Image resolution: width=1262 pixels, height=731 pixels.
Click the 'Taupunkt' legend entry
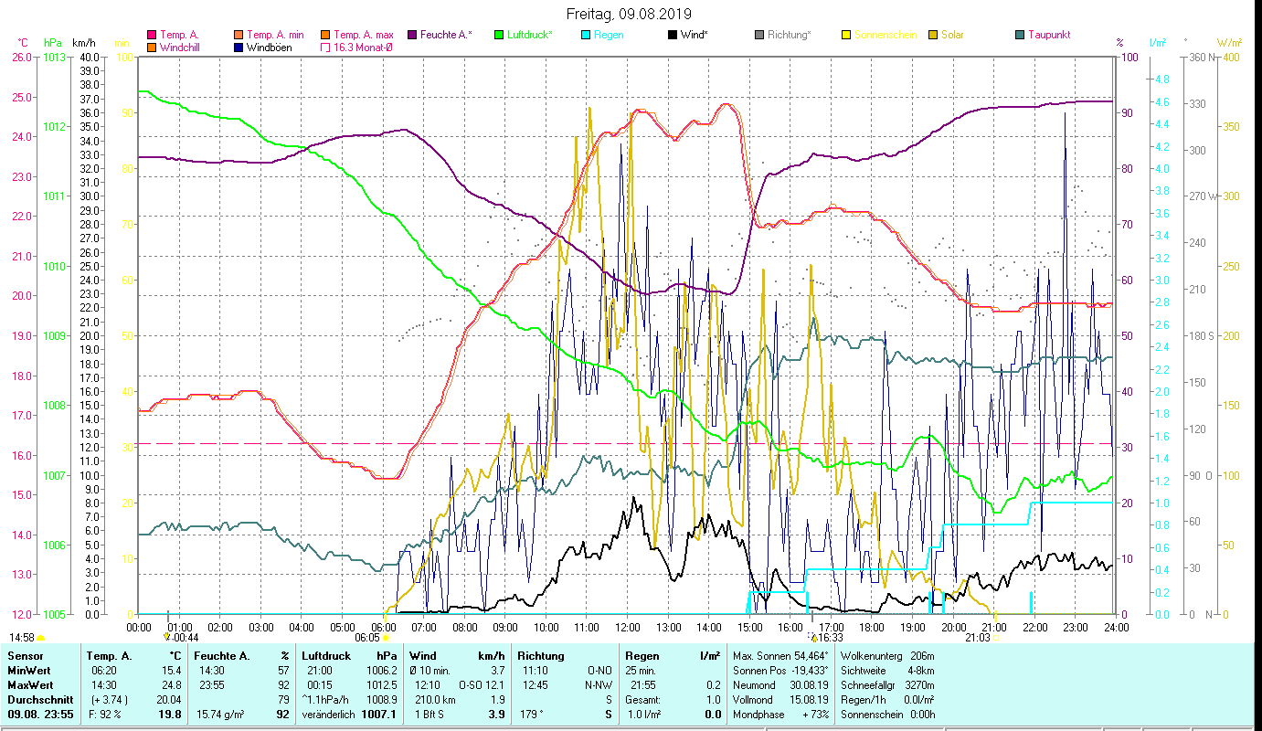(1048, 35)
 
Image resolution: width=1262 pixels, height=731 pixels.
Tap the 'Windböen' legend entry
(262, 48)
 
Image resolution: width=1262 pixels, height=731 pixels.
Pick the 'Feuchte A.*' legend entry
(444, 35)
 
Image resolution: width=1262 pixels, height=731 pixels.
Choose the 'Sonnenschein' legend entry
(890, 35)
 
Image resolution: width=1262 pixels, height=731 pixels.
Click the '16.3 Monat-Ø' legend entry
(364, 48)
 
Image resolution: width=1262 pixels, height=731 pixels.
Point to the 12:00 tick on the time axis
(628, 628)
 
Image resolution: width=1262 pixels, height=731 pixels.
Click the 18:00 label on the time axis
(872, 628)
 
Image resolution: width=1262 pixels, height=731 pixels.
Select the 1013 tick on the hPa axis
(54, 57)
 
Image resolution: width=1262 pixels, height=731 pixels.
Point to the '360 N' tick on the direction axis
(1204, 57)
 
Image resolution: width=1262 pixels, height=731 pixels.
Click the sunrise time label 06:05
(367, 638)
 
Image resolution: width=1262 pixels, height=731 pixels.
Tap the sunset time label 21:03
(977, 638)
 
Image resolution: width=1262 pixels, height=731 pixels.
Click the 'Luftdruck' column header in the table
(325, 656)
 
